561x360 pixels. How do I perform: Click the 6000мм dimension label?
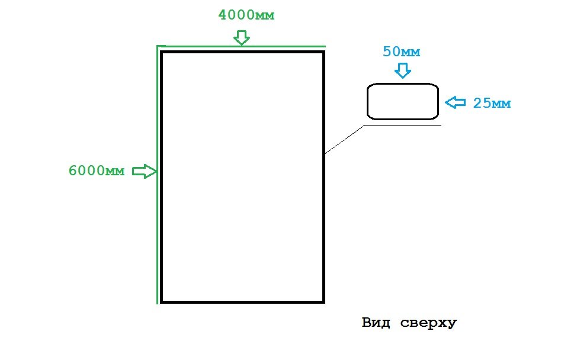tap(97, 171)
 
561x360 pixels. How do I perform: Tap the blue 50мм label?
tap(402, 52)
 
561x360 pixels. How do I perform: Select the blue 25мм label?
tap(492, 104)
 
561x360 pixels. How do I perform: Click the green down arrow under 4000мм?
tap(241, 38)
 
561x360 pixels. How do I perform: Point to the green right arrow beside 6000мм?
tap(143, 171)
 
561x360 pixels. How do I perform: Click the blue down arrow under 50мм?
tap(403, 71)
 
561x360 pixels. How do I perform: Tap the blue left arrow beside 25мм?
tap(455, 102)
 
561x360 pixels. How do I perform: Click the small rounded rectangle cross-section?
tap(402, 101)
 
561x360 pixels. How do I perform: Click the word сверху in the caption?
tap(428, 323)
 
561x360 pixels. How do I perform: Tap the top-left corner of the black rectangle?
tap(161, 53)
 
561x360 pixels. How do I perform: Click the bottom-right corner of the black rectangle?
tap(323, 301)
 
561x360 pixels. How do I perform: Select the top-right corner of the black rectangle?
tap(323, 53)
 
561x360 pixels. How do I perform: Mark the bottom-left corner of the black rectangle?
tap(161, 301)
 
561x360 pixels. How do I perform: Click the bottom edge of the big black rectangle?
tap(243, 301)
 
